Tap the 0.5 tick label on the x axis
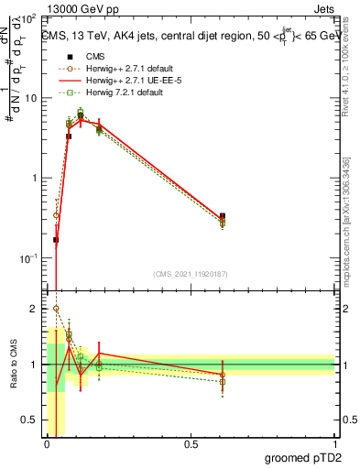(x=191, y=445)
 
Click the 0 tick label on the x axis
(x=48, y=445)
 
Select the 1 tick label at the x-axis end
(x=333, y=445)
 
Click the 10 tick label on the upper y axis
(x=29, y=98)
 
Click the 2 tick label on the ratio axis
(x=34, y=310)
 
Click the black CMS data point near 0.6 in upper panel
(x=223, y=216)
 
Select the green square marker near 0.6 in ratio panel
(x=223, y=381)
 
